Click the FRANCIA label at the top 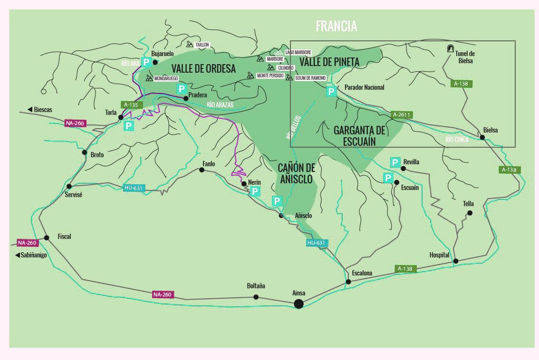(336, 26)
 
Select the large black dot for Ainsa (298, 303)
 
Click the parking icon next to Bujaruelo (146, 62)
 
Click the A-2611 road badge (401, 115)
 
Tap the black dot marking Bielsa (482, 137)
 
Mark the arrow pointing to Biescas (30, 110)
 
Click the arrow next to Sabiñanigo (16, 256)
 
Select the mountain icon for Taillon (190, 45)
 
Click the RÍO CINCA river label (457, 140)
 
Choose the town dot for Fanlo (202, 170)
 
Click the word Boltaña (256, 286)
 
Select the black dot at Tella (470, 213)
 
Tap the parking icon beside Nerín (255, 191)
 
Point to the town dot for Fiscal (47, 237)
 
